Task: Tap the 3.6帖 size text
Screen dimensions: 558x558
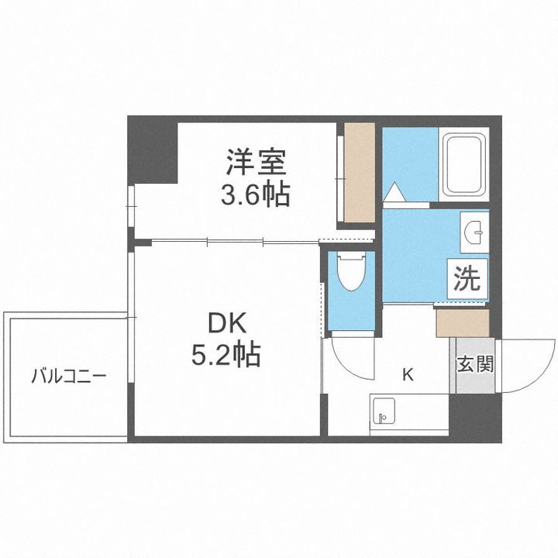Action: (257, 194)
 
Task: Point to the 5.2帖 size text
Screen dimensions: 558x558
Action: (225, 356)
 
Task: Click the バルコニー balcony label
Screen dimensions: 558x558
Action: (68, 377)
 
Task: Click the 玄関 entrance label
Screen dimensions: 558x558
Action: (474, 364)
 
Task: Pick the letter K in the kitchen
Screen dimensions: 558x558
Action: (407, 376)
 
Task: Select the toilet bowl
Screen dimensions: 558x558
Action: (350, 274)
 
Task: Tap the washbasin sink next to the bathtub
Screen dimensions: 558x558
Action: (475, 231)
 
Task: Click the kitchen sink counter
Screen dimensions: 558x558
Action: (408, 415)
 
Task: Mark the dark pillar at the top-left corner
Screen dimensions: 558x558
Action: (152, 147)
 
